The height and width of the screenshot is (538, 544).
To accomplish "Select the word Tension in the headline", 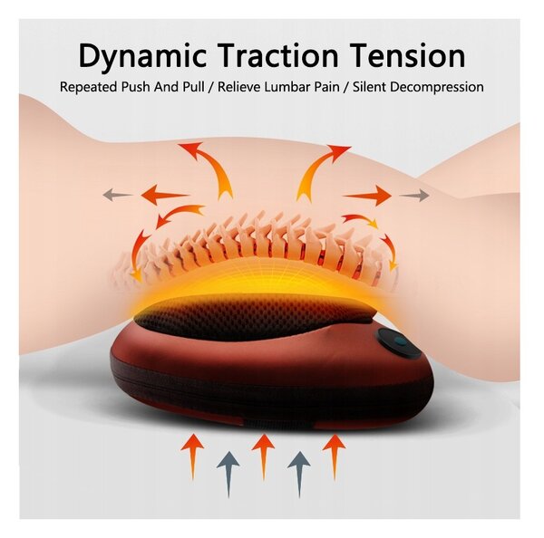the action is coord(407,55).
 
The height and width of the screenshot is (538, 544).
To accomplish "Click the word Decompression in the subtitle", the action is coord(437,87).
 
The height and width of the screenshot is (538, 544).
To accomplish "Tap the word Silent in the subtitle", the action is coord(369,87).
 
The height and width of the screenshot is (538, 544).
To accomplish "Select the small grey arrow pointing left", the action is coord(118,195).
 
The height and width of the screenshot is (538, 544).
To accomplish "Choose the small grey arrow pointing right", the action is coord(414,195).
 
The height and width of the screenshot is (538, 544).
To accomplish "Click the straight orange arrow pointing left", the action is coord(164,195).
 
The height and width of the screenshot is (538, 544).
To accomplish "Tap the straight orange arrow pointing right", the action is coord(368,196).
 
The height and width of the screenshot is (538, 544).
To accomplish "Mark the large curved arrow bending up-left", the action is coord(215,167).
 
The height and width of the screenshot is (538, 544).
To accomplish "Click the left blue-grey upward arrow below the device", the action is coord(228,474).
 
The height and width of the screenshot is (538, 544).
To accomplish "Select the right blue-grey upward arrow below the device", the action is coord(299,474).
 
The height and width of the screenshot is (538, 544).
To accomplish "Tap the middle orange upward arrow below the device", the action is coord(263,456).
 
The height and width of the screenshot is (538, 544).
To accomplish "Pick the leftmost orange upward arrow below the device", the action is coord(192,456).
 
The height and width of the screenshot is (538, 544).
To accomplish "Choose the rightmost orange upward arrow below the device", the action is coord(334,456).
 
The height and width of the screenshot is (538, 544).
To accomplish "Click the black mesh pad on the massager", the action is coord(253,317).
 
